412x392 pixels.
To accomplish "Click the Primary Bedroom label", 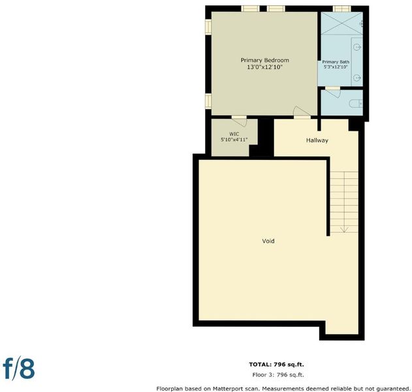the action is click(x=265, y=60).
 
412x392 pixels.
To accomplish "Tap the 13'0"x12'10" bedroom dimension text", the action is click(x=264, y=67).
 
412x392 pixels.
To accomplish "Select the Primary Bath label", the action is click(x=336, y=62).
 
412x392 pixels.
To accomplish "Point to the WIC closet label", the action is click(x=234, y=134).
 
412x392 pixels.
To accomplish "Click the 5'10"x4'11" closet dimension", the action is click(x=234, y=140).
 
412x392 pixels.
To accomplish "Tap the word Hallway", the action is click(x=317, y=140).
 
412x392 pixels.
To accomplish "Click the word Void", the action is click(x=268, y=241).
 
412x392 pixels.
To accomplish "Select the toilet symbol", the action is click(x=356, y=104).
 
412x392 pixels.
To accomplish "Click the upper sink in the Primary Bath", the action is click(x=357, y=47).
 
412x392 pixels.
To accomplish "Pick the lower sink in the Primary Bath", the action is click(x=357, y=78).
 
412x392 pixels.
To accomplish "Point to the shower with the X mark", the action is click(x=341, y=23).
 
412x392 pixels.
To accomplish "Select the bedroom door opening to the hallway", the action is click(x=302, y=112).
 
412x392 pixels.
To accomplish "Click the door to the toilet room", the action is click(x=334, y=92).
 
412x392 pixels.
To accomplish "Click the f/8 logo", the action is click(x=19, y=369).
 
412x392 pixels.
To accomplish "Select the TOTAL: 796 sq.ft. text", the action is click(x=276, y=365).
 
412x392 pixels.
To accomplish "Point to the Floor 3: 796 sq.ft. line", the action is click(x=278, y=375).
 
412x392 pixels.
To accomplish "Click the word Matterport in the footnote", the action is click(x=226, y=389).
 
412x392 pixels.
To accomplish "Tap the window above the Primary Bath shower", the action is click(x=341, y=8).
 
